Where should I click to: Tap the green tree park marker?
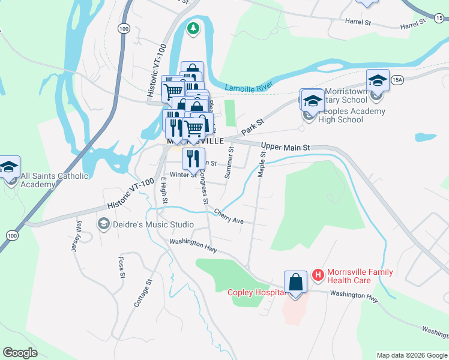click(x=193, y=28)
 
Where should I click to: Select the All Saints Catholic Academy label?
click(x=54, y=180)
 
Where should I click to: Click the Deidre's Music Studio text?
click(x=143, y=224)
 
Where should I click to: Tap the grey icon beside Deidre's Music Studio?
click(x=103, y=224)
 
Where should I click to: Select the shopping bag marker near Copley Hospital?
click(x=296, y=282)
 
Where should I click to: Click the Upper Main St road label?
click(x=286, y=147)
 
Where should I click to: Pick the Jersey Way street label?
click(x=77, y=237)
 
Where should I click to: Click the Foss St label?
click(x=121, y=268)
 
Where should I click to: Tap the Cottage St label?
click(x=143, y=293)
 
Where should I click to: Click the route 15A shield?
click(x=397, y=80)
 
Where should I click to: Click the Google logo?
click(x=20, y=353)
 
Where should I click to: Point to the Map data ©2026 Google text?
click(x=411, y=355)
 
